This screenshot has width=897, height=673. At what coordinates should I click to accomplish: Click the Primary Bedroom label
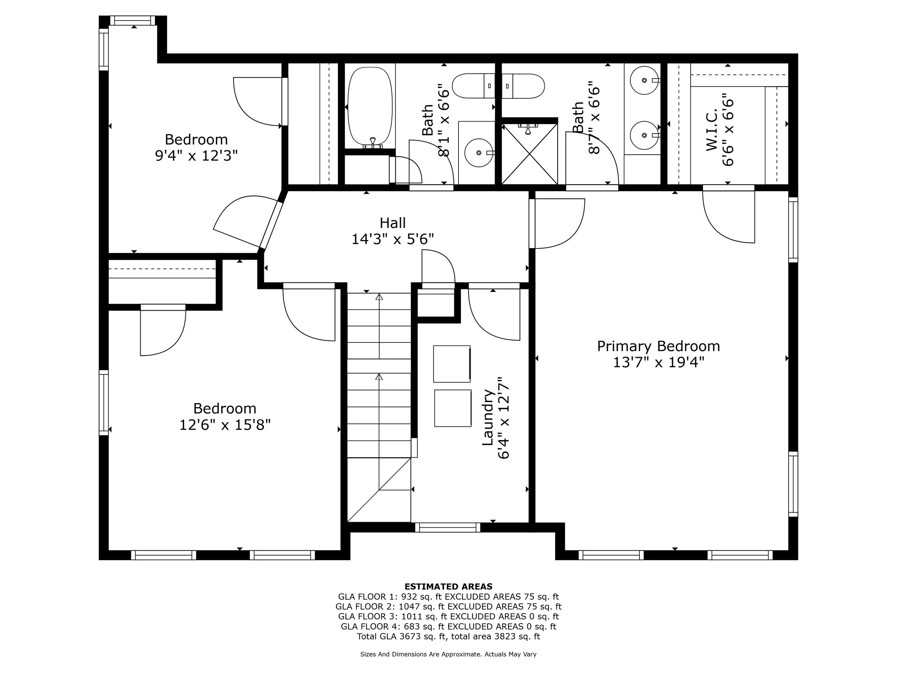point(658,346)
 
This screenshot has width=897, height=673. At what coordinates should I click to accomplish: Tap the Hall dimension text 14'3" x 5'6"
point(393,239)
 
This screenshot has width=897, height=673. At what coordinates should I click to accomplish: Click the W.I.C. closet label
point(712,130)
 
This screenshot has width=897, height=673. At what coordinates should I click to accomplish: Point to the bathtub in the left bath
point(370,107)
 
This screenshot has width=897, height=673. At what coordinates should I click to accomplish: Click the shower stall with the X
point(530,153)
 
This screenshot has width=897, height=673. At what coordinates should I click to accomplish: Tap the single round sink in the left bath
point(479,153)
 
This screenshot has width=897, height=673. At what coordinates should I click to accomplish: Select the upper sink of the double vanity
point(644,80)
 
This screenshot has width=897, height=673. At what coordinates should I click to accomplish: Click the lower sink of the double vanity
point(644,135)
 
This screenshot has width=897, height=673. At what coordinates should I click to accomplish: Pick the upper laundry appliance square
point(452,364)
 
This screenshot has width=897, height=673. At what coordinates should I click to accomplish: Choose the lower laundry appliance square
point(452,408)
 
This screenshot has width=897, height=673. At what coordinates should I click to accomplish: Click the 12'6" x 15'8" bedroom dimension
point(225,425)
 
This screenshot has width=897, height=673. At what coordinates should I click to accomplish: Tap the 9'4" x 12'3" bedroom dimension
point(196,155)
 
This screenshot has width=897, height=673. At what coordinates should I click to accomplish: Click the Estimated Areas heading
point(448,586)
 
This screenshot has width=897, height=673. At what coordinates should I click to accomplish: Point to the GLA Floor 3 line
point(448,616)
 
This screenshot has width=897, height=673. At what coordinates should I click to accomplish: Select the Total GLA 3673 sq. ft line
point(448,636)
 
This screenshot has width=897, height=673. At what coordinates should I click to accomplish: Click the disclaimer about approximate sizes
point(448,654)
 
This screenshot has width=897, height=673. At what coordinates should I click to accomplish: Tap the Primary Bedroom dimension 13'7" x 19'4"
point(658,362)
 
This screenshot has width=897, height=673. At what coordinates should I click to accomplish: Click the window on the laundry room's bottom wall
point(448,527)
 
